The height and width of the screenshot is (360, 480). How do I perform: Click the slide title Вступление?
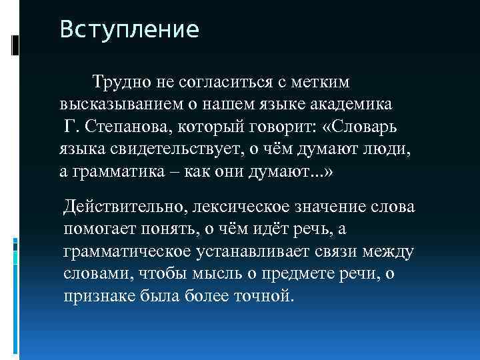click(x=129, y=31)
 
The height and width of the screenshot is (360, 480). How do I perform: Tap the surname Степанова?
click(x=133, y=127)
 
